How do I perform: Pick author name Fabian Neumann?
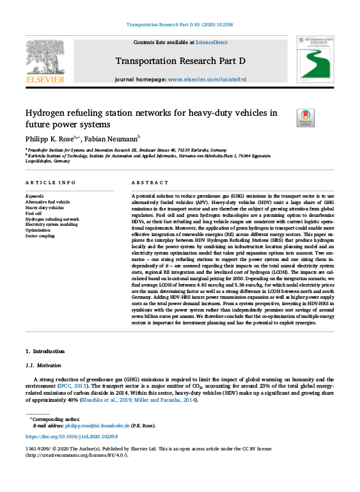coord(113,138)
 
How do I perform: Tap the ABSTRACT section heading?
coord(146,182)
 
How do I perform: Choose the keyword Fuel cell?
coord(35,213)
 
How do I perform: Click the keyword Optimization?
coord(38,230)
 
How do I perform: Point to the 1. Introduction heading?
coord(45,351)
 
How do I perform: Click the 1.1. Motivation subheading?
coord(43,365)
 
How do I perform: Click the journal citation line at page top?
coord(180,24)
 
